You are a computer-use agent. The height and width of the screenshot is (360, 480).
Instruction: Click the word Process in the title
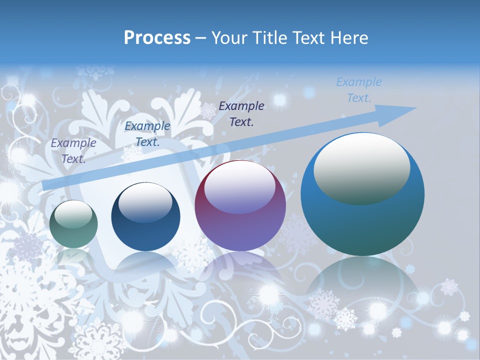(x=157, y=37)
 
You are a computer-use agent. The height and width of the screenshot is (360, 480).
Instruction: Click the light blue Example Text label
(x=358, y=90)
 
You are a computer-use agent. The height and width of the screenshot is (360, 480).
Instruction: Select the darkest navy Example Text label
(x=241, y=113)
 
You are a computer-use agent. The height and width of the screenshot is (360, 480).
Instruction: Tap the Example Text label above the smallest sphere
(x=73, y=150)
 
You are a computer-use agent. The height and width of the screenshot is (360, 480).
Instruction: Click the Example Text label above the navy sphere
(x=147, y=134)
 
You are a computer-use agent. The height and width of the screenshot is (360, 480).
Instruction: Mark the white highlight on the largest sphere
(x=361, y=167)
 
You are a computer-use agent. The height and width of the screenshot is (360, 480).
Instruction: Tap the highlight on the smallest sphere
(x=73, y=214)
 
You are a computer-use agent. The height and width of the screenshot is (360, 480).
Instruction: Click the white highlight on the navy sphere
(x=145, y=201)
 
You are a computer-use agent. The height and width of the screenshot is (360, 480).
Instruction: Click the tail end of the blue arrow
(x=46, y=185)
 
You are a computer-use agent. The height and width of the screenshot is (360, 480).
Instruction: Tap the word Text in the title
(x=308, y=37)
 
